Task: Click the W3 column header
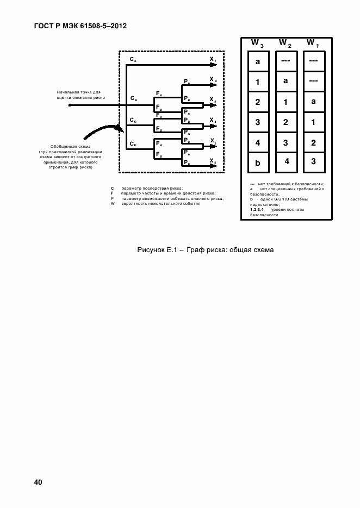point(257,43)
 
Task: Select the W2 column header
point(285,43)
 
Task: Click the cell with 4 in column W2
point(285,161)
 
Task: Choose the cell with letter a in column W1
point(313,102)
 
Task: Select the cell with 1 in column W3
point(258,82)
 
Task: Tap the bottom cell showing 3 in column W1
point(313,161)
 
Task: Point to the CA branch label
point(133,58)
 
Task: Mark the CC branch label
point(133,120)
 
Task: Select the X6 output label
point(213,162)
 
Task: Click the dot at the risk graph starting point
point(69,105)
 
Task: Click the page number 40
point(38,482)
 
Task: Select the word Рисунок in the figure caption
point(152,250)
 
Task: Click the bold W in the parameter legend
point(112,203)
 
